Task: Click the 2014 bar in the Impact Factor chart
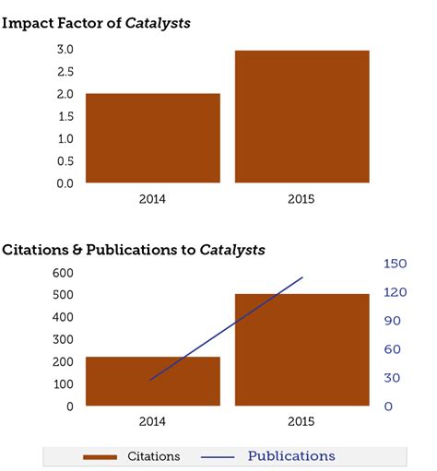coord(153,138)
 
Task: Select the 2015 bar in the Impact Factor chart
coord(301,116)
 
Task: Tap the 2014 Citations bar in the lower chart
coord(153,382)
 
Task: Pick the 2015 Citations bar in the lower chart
coord(301,350)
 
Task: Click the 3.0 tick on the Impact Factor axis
coord(65,49)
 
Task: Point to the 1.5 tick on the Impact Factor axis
coord(65,116)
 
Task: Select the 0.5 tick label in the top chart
coord(65,161)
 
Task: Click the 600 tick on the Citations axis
coord(63,273)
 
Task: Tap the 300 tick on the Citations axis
coord(63,339)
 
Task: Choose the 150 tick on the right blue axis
coord(396,264)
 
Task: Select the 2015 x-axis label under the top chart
coord(301,198)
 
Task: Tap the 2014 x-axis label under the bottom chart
coord(153,421)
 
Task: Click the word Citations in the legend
coord(154,456)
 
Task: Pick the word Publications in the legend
coord(291,456)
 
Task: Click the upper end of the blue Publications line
coord(302,277)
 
